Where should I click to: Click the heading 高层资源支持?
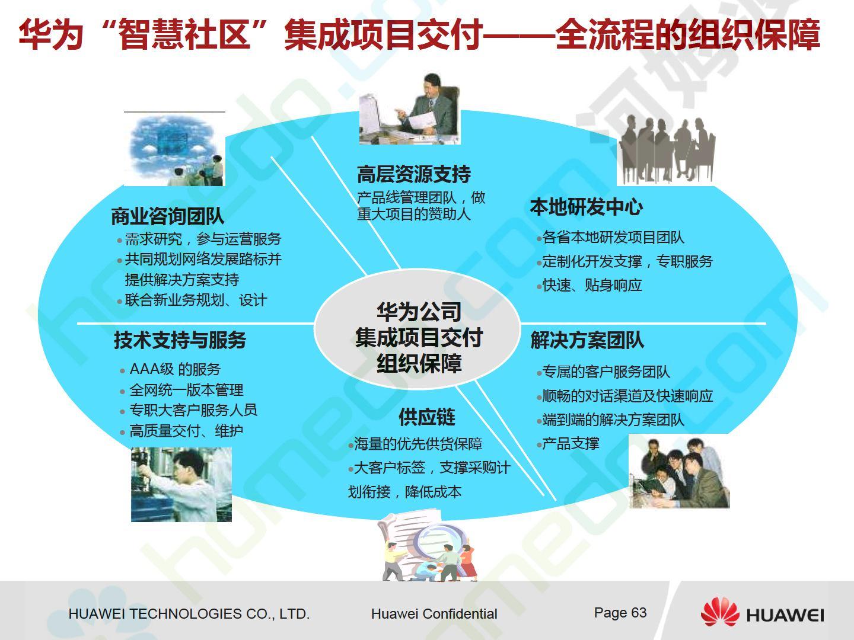point(414,174)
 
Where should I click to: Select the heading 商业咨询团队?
point(168,216)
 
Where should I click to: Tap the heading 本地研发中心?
point(587,206)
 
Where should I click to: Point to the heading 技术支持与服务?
point(180,340)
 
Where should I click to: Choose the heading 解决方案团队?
point(587,340)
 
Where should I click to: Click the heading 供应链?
point(427,417)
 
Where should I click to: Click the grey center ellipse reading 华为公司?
point(417,329)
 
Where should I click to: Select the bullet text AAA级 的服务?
point(175,369)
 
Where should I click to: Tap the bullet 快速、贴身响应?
point(592,285)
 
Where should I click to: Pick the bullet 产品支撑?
point(571,443)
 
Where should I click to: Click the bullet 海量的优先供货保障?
point(418,443)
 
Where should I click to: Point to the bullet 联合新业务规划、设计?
point(196,300)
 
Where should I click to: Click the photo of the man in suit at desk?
point(410,109)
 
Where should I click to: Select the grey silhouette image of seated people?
point(667,150)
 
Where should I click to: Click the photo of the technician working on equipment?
point(181,484)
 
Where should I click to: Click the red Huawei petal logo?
point(720,611)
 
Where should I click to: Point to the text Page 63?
point(620,613)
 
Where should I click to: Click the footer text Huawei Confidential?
point(434,614)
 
